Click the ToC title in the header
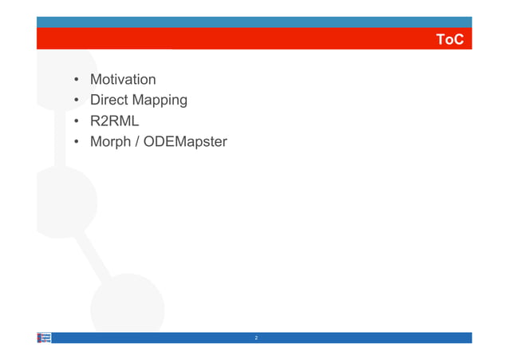pyautogui.click(x=450, y=39)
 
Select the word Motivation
pyautogui.click(x=123, y=80)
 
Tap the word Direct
pyautogui.click(x=109, y=101)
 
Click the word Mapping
pyautogui.click(x=160, y=101)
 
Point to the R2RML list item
pyautogui.click(x=114, y=121)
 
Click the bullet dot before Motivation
pyautogui.click(x=77, y=80)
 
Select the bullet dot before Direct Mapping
pyautogui.click(x=77, y=101)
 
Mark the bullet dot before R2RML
pyautogui.click(x=77, y=121)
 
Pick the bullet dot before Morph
pyautogui.click(x=77, y=142)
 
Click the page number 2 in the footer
pyautogui.click(x=256, y=338)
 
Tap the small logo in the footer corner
pyautogui.click(x=45, y=338)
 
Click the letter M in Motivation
pyautogui.click(x=97, y=80)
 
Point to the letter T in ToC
pyautogui.click(x=440, y=39)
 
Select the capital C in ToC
pyautogui.click(x=458, y=39)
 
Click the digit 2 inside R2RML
pyautogui.click(x=106, y=121)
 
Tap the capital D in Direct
pyautogui.click(x=96, y=101)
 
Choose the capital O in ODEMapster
pyautogui.click(x=151, y=142)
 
